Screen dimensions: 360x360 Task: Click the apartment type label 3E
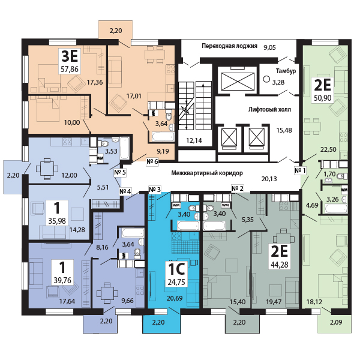tap(70, 56)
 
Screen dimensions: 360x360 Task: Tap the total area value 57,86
tap(70, 68)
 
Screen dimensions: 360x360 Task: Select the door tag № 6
tap(152, 161)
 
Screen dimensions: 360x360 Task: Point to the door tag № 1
tap(300, 170)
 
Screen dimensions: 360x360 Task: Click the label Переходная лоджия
tap(229, 46)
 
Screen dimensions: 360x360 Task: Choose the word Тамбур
tap(286, 71)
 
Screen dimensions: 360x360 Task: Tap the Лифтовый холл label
tap(269, 109)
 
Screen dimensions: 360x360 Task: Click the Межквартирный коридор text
tap(207, 173)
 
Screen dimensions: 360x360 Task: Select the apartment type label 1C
tap(176, 269)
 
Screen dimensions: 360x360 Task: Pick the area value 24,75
tap(176, 282)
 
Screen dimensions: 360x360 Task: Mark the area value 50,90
tap(323, 98)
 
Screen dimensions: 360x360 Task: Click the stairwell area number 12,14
tap(194, 140)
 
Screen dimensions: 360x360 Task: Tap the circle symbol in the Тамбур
tap(266, 79)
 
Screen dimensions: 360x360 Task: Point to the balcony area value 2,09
tap(336, 322)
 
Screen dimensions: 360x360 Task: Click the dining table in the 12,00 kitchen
tap(47, 169)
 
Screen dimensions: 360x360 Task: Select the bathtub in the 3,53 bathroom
tap(124, 148)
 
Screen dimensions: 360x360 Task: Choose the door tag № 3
tap(155, 190)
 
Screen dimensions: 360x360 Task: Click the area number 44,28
tap(280, 265)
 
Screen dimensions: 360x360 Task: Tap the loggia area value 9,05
tap(269, 47)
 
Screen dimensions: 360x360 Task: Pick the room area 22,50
tap(328, 149)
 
